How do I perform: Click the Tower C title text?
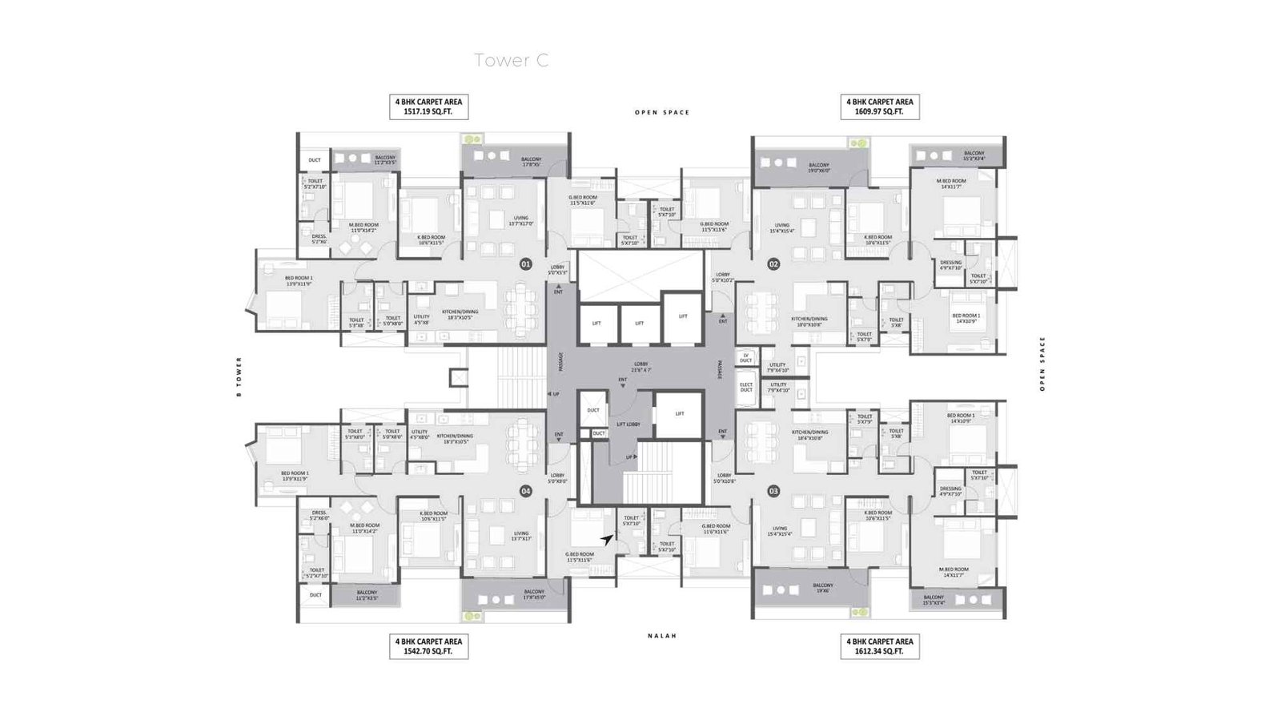pyautogui.click(x=511, y=60)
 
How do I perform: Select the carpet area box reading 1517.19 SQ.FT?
pyautogui.click(x=428, y=107)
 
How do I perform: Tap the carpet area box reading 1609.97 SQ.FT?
pyautogui.click(x=880, y=107)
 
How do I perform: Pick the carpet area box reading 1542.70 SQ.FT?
pyautogui.click(x=428, y=646)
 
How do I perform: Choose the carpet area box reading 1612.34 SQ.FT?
pyautogui.click(x=880, y=646)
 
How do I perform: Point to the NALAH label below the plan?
pyautogui.click(x=662, y=636)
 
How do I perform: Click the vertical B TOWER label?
pyautogui.click(x=239, y=377)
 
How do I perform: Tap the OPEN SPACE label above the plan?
pyautogui.click(x=662, y=113)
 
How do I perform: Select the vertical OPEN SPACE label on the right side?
pyautogui.click(x=1042, y=364)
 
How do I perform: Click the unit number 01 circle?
pyautogui.click(x=526, y=263)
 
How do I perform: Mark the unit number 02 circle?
pyautogui.click(x=773, y=263)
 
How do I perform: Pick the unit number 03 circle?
pyautogui.click(x=773, y=492)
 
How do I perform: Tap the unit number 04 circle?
pyautogui.click(x=526, y=492)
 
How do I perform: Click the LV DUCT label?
pyautogui.click(x=746, y=358)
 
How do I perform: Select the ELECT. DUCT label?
pyautogui.click(x=746, y=387)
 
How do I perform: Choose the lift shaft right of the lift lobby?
pyautogui.click(x=679, y=414)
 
